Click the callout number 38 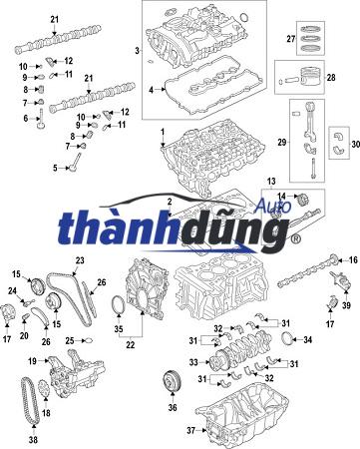[x=33, y=438]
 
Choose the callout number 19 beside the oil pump [x=31, y=360]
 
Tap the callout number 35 [x=118, y=326]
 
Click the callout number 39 [x=346, y=306]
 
